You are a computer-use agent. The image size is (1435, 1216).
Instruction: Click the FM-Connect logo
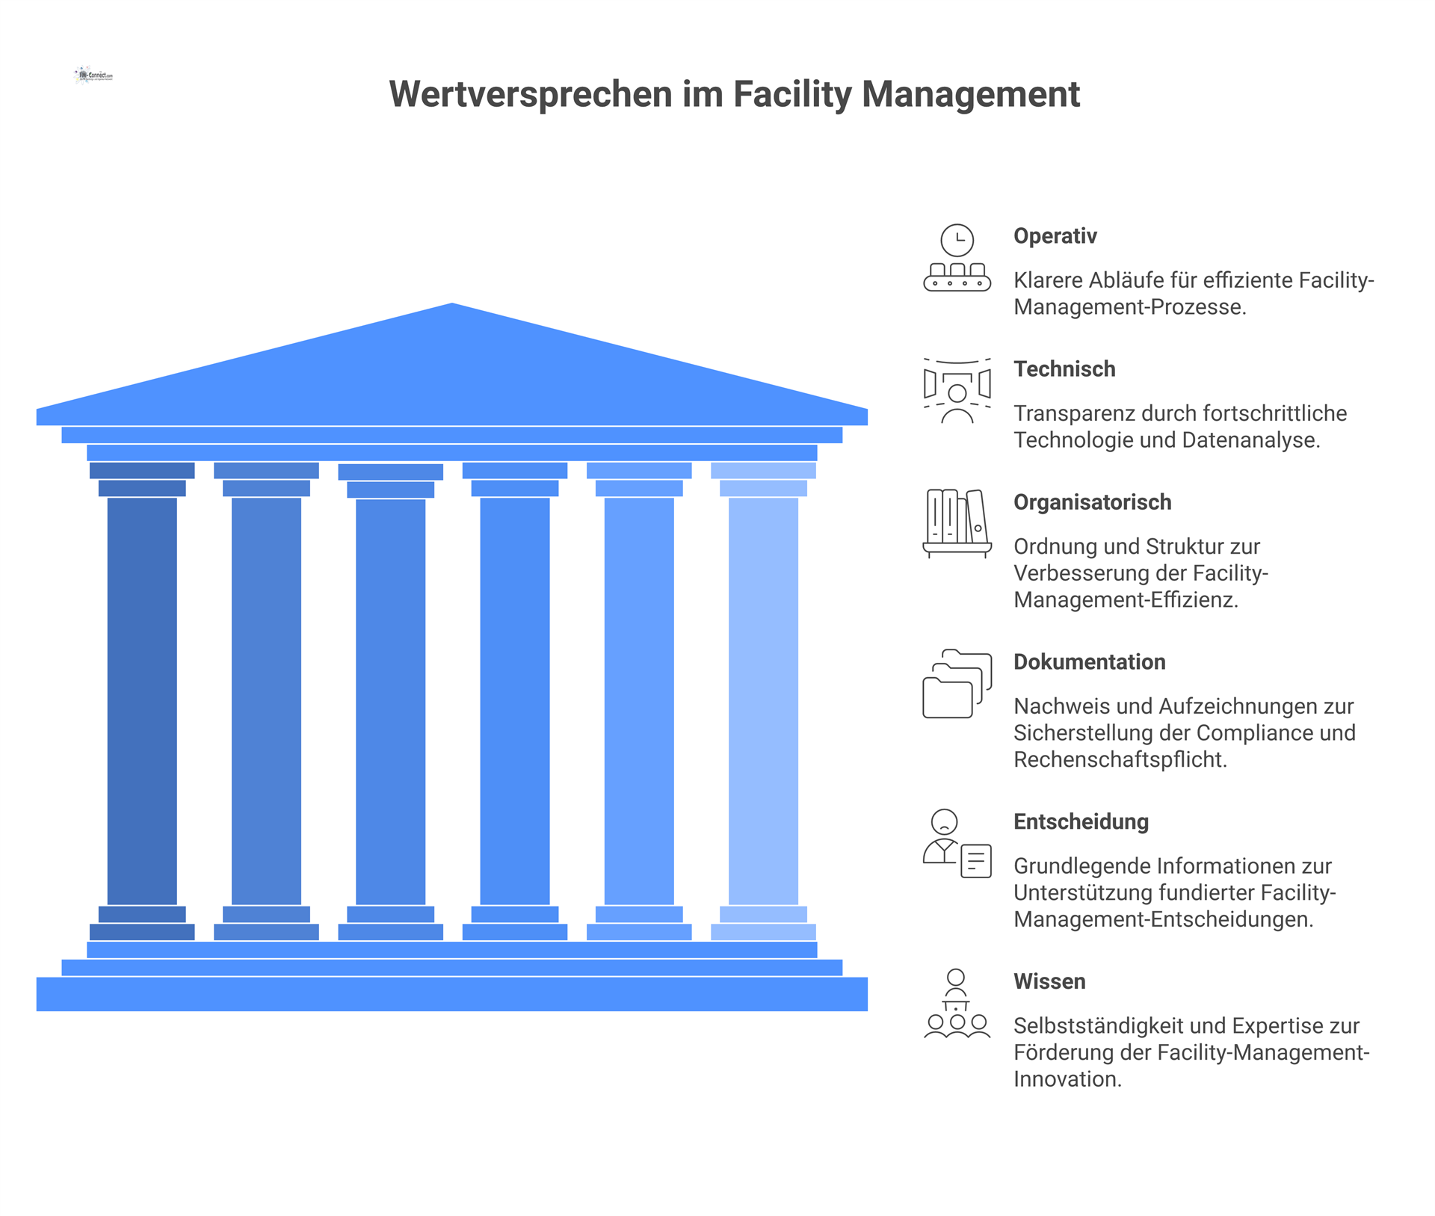click(x=94, y=75)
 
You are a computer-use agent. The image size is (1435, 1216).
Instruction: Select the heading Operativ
click(x=1055, y=236)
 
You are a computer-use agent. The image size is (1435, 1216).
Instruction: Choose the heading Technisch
click(x=1064, y=369)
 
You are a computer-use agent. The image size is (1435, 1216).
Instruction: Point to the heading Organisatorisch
click(x=1092, y=502)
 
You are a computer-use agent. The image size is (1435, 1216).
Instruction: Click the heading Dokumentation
click(x=1089, y=662)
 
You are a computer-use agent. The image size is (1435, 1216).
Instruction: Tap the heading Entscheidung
click(x=1081, y=822)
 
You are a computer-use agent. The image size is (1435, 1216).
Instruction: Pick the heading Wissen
click(x=1049, y=982)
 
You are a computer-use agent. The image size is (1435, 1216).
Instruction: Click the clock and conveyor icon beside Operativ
click(x=957, y=258)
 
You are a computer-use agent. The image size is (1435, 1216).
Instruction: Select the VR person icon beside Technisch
click(x=957, y=391)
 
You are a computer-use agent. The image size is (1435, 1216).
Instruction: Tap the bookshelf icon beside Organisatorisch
click(x=957, y=523)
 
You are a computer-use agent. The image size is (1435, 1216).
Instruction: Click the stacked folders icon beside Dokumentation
click(x=957, y=684)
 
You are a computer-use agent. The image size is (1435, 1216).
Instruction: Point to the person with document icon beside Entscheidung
click(x=957, y=844)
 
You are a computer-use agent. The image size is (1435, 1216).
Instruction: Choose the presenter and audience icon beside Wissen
click(x=957, y=1004)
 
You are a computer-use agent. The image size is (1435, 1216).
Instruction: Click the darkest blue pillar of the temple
click(x=142, y=701)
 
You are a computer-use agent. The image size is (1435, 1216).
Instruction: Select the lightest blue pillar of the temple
click(x=763, y=701)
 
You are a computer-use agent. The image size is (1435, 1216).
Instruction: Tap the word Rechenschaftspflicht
click(x=1120, y=760)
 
